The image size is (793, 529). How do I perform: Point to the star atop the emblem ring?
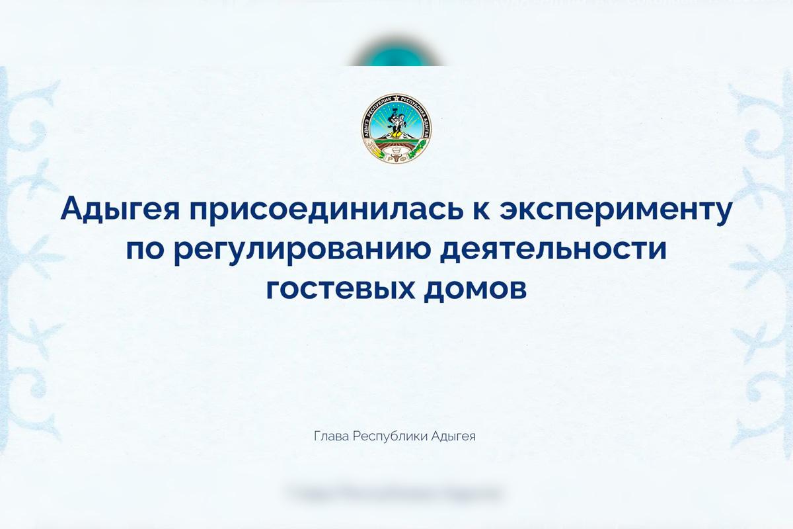tap(397, 99)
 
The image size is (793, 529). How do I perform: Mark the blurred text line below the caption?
tap(395, 493)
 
